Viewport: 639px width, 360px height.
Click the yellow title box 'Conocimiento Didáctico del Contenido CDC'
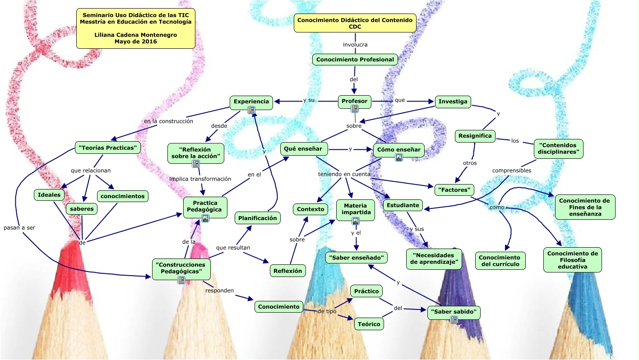pyautogui.click(x=355, y=23)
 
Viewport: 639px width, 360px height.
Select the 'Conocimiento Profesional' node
pyautogui.click(x=355, y=60)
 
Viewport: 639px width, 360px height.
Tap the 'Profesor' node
pyautogui.click(x=354, y=101)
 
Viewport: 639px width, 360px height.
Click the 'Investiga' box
pyautogui.click(x=453, y=102)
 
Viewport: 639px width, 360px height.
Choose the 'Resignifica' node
pyautogui.click(x=475, y=136)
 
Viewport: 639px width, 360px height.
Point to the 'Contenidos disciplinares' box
pyautogui.click(x=558, y=148)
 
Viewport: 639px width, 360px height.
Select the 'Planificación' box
pyautogui.click(x=258, y=218)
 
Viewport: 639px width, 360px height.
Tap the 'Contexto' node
pyautogui.click(x=310, y=209)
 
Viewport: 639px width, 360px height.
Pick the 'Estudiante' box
pyautogui.click(x=403, y=205)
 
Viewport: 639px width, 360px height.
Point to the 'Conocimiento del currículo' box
pyautogui.click(x=500, y=261)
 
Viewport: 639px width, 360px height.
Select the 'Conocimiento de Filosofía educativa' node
pyautogui.click(x=572, y=260)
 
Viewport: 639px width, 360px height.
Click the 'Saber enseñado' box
pyautogui.click(x=357, y=258)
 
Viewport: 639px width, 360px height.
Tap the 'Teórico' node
pyautogui.click(x=369, y=323)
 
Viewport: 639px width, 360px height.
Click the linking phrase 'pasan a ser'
pyautogui.click(x=19, y=228)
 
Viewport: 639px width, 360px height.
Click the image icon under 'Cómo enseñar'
pyautogui.click(x=398, y=157)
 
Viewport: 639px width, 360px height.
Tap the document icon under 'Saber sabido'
pyautogui.click(x=454, y=319)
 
